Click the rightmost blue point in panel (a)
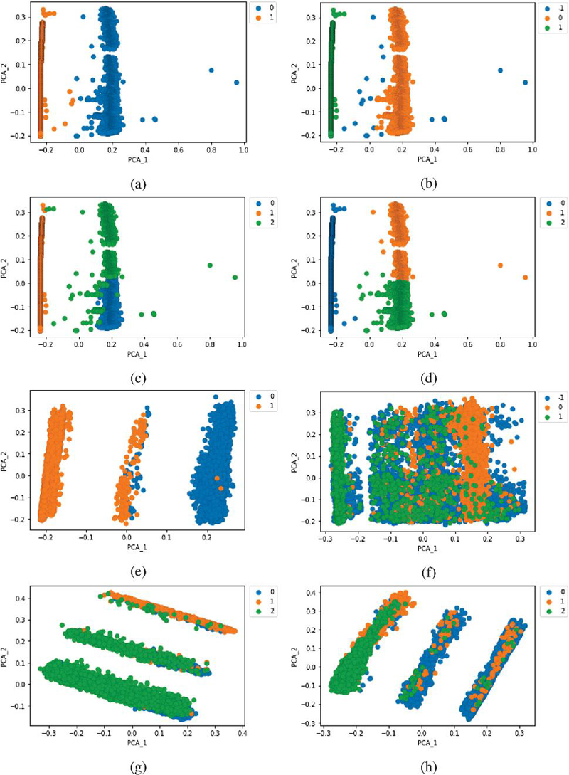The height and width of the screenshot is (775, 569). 236,83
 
